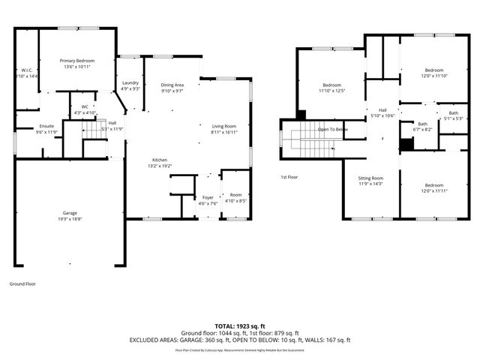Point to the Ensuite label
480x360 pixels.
click(46, 126)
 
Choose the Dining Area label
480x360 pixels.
click(172, 85)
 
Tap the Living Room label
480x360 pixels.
click(223, 126)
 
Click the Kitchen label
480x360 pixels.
click(160, 160)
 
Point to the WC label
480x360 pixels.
click(85, 107)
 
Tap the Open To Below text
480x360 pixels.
click(332, 129)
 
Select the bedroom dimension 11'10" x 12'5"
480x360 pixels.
click(332, 91)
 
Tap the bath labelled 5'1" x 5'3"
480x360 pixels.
click(453, 118)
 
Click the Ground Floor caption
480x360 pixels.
click(22, 284)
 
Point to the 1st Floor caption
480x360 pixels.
click(289, 177)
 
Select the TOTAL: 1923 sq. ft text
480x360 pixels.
click(239, 326)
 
